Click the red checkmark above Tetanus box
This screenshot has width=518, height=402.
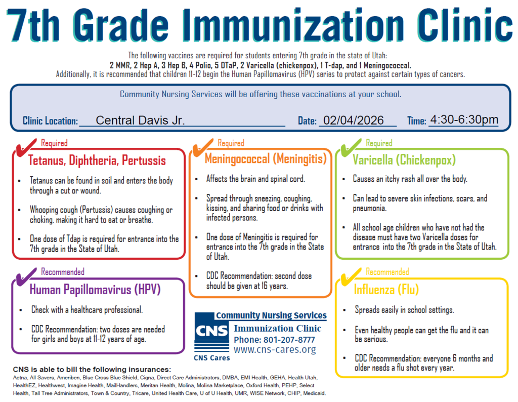point(25,148)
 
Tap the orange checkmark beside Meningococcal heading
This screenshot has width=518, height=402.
point(201,148)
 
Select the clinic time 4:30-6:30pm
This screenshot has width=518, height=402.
point(464,120)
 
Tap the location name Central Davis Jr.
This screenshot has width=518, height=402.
point(140,120)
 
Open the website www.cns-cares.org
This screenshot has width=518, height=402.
point(275,350)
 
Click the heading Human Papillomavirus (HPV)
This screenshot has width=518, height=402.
point(95,290)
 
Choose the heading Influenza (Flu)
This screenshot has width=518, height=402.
point(386,291)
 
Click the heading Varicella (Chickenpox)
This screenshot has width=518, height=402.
point(404,160)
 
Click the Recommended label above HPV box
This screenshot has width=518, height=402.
point(63,272)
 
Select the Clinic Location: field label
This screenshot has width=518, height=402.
point(50,121)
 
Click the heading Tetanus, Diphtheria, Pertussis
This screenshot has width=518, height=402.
point(97,160)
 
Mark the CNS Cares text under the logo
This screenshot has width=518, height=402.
point(211,358)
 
